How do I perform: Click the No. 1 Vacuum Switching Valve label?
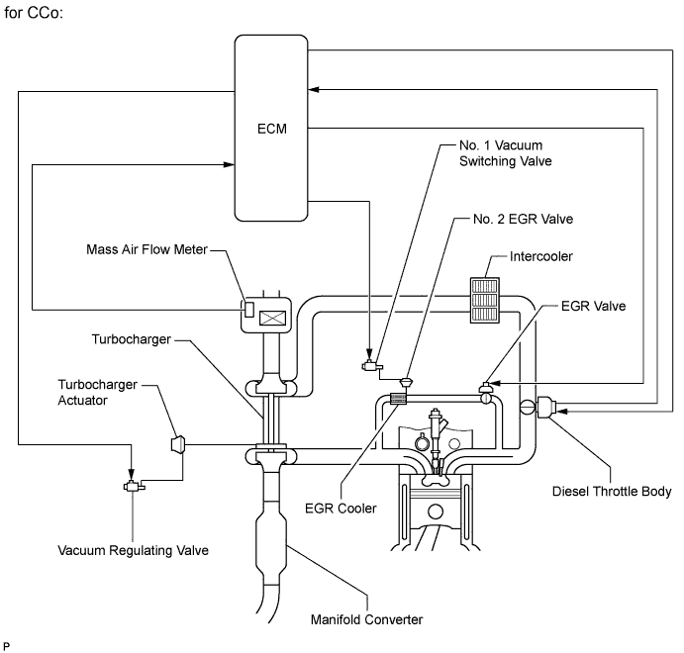500,151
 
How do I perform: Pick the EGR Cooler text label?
342,509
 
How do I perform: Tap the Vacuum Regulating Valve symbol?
131,486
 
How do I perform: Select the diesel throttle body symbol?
547,406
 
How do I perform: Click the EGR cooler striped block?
400,399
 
